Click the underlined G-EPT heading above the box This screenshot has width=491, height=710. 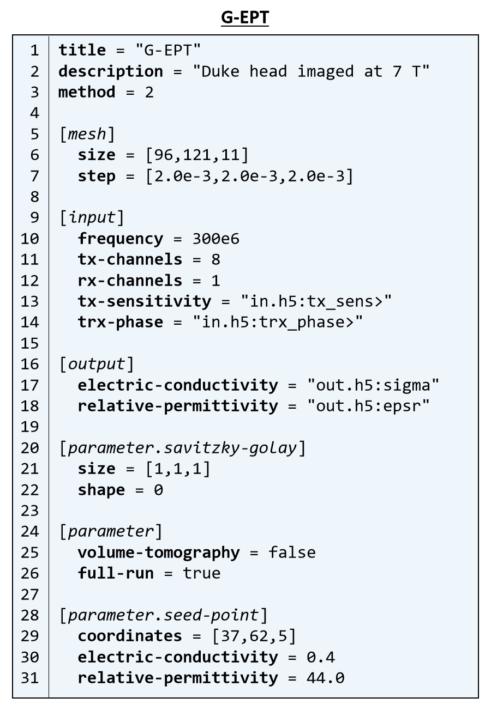(x=245, y=18)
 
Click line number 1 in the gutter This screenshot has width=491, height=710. (x=34, y=51)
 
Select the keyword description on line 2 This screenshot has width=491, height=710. (x=111, y=71)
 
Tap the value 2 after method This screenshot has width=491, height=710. (x=149, y=92)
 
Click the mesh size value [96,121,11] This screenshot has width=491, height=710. (x=196, y=155)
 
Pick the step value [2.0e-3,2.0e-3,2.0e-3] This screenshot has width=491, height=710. (x=249, y=176)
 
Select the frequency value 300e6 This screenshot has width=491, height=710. (x=215, y=239)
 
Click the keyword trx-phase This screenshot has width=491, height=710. (x=120, y=322)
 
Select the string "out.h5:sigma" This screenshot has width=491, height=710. (x=373, y=385)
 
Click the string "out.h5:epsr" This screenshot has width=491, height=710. (x=368, y=406)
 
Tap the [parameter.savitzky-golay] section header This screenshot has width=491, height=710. (x=182, y=448)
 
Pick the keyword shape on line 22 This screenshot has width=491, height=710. (x=101, y=490)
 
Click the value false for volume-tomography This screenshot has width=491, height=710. (x=292, y=553)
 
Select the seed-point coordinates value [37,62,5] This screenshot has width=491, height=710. (x=254, y=636)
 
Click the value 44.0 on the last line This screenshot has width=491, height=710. (x=325, y=678)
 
